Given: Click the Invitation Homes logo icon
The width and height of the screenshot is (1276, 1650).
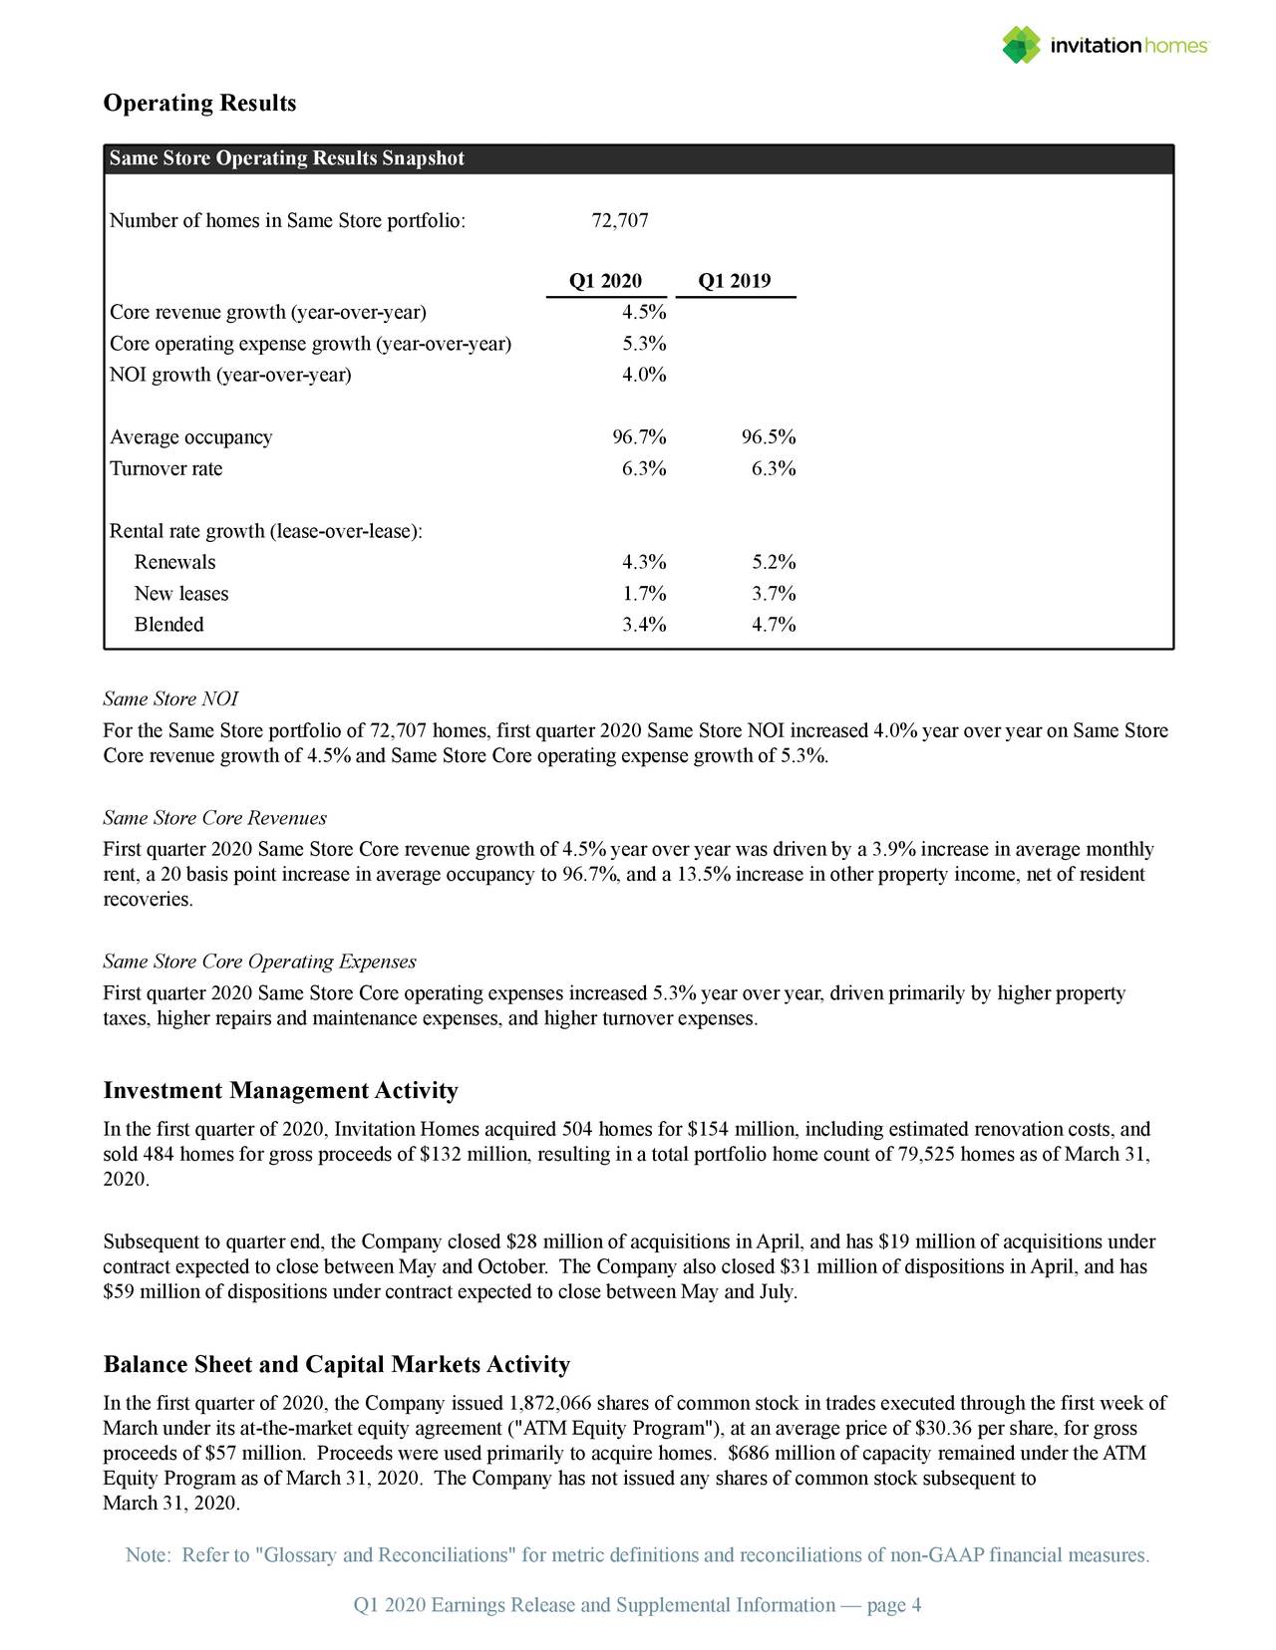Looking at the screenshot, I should (x=1021, y=45).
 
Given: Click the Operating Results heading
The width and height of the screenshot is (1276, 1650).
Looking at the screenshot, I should (x=199, y=104).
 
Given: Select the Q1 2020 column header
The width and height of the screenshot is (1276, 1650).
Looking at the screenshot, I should (x=605, y=281).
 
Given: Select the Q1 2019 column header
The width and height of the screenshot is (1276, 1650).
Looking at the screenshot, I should (x=735, y=281).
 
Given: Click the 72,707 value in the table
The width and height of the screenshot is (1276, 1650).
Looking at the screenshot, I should (x=620, y=220).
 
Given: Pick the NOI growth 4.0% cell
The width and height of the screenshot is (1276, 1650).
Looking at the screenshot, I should (x=644, y=375).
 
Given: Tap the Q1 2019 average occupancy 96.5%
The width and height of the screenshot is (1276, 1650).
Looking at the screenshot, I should (x=769, y=437).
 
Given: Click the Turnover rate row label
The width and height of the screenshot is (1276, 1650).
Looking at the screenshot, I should (x=166, y=468).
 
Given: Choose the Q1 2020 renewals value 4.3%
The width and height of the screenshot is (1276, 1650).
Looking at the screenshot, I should (x=644, y=562).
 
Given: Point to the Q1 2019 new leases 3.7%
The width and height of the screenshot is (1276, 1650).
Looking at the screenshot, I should (x=774, y=594).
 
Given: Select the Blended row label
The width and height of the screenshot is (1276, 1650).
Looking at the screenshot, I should (x=169, y=625).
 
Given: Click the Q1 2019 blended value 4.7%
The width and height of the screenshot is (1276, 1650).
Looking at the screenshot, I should (x=774, y=625).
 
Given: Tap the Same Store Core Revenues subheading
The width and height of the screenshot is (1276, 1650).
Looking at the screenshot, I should (x=214, y=818).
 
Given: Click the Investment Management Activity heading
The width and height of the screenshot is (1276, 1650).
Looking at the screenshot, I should (x=280, y=1091).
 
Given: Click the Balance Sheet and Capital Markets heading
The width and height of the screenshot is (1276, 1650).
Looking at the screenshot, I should (x=336, y=1365).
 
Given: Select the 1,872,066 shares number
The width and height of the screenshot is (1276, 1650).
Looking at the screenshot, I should (x=549, y=1405).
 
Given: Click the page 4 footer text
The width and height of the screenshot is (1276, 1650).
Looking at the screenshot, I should (x=893, y=1605).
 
